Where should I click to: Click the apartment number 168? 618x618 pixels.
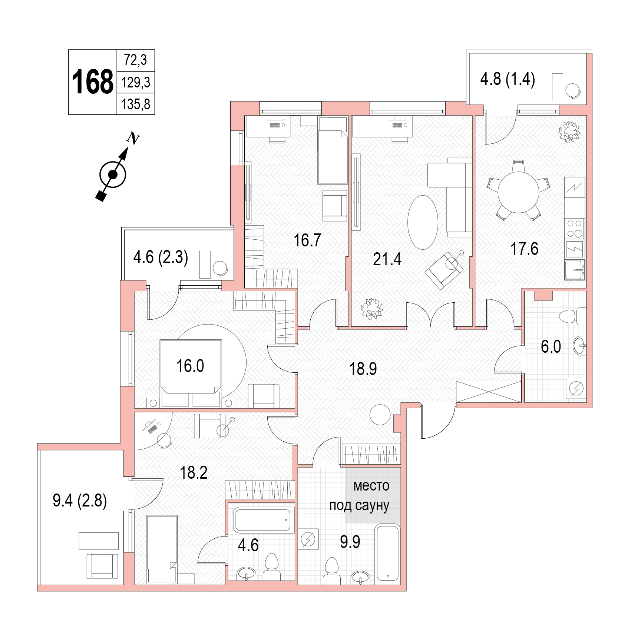[x=93, y=82]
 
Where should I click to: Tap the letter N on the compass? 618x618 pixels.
[x=133, y=139]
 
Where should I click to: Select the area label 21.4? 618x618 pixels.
[x=387, y=259]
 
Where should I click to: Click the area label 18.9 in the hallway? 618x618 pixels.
[x=363, y=369]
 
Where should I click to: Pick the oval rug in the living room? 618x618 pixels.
[x=423, y=222]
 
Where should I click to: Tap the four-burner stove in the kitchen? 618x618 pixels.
[x=575, y=228]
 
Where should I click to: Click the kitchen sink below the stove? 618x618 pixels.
[x=575, y=269]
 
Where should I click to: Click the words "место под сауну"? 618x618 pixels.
[x=360, y=495]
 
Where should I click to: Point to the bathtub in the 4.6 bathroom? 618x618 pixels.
[x=262, y=521]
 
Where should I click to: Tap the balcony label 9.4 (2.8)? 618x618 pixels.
[x=80, y=501]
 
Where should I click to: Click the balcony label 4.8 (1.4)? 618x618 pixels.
[x=508, y=79]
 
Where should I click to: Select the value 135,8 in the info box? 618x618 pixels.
[x=136, y=104]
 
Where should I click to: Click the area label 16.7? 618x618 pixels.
[x=307, y=240]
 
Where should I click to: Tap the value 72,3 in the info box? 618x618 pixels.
[x=136, y=60]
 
